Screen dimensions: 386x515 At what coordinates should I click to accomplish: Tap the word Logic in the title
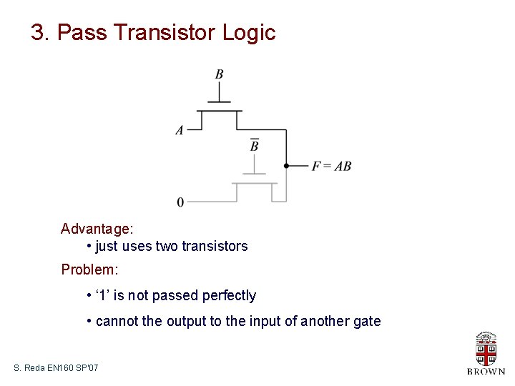249,33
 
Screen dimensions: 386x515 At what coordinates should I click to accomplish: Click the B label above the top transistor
219,74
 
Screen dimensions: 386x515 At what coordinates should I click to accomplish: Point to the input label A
180,130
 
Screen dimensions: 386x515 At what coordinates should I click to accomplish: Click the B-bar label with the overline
254,145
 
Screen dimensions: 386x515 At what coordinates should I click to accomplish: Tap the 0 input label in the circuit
180,202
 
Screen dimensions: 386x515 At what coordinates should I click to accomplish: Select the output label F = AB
331,166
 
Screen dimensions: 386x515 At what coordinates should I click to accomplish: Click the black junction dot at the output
286,166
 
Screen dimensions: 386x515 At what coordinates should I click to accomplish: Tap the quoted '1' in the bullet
103,296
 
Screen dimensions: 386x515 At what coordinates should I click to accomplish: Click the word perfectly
229,296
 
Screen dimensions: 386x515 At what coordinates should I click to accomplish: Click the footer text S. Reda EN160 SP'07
56,368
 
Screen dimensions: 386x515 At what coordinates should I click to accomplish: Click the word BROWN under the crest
486,372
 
